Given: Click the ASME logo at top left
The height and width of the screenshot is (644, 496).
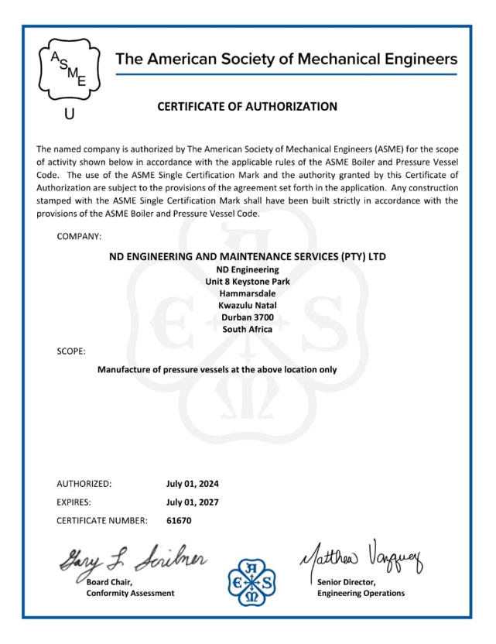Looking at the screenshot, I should click(69, 69).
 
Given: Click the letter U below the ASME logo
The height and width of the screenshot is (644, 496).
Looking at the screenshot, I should click(70, 115).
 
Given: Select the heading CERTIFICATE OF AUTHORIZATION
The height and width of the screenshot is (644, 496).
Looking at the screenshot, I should click(248, 107).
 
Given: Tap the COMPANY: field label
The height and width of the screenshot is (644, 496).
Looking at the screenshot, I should click(79, 236).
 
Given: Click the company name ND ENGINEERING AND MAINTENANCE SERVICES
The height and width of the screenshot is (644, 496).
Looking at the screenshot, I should click(248, 256).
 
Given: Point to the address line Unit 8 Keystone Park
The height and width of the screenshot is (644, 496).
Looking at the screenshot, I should click(248, 281).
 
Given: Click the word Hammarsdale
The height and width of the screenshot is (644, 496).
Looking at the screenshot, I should click(248, 293).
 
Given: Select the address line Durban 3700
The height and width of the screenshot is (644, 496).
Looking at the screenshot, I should click(248, 317).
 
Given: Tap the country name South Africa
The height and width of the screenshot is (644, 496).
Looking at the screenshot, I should click(248, 329).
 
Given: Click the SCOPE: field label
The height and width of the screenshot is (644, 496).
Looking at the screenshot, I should click(71, 351).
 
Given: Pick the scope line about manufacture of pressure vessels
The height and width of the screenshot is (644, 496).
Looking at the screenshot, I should click(217, 369).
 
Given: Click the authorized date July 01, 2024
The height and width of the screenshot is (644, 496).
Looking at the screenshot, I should click(193, 484).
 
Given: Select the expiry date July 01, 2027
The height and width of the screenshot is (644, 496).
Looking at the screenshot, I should click(193, 502).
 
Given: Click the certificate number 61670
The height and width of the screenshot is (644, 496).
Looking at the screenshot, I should click(179, 520).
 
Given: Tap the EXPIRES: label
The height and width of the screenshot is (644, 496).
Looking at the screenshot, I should click(75, 502).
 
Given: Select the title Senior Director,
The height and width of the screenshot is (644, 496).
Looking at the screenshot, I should click(346, 581).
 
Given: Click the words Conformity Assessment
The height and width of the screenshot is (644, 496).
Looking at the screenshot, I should click(130, 593).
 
